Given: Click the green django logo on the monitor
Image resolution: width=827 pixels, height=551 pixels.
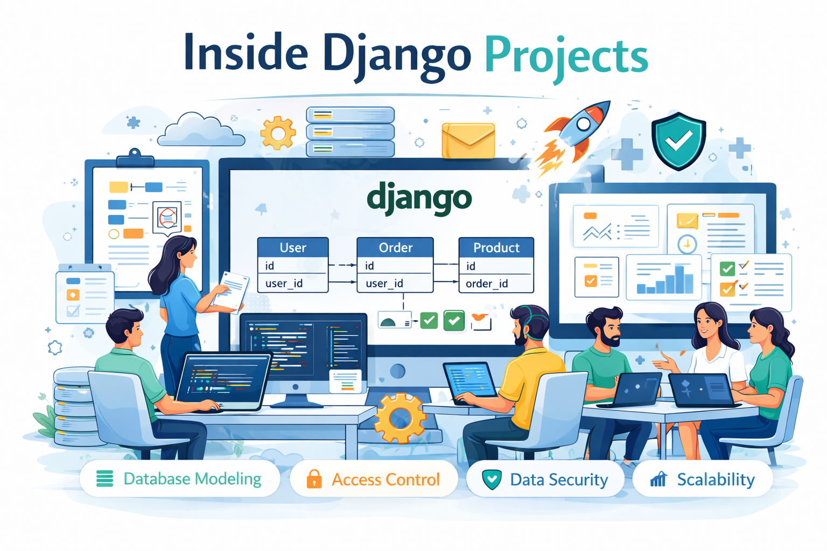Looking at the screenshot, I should click(419, 199).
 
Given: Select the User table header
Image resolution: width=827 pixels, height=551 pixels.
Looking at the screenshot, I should click(293, 248).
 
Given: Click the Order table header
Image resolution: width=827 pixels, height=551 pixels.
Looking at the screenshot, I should click(395, 248).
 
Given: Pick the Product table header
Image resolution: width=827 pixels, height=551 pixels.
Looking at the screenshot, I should click(496, 248).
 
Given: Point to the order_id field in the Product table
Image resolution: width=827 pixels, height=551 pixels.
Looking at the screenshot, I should click(487, 284).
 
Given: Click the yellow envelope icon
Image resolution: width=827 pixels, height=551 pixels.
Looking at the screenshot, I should click(468, 140).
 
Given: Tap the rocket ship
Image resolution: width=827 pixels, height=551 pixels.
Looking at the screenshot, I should click(579, 132).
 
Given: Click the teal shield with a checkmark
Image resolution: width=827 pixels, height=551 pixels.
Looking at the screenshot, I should click(678, 141).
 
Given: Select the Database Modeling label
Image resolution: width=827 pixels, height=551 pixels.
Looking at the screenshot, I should click(192, 479).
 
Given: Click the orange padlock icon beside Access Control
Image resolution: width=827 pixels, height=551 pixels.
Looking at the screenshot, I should click(314, 479).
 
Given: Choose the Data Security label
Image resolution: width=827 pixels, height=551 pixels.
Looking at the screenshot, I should click(558, 479).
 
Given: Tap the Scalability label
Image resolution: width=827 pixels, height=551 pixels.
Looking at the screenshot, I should click(716, 479).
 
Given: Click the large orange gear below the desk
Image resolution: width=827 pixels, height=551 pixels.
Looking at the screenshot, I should click(400, 418).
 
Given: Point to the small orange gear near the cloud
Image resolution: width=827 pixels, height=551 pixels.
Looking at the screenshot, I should click(278, 132).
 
